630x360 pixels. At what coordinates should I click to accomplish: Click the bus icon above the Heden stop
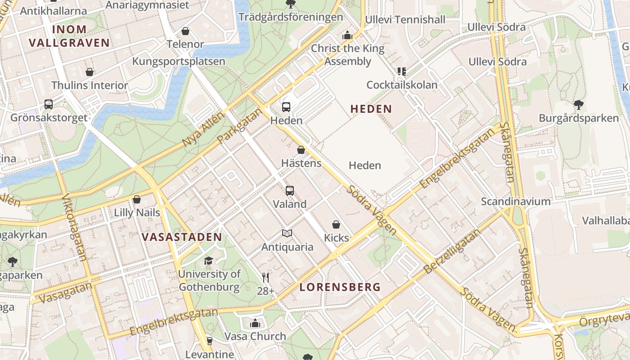click(x=286, y=107)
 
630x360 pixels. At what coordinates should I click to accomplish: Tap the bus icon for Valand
click(x=290, y=190)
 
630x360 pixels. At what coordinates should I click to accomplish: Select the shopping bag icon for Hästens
click(x=301, y=150)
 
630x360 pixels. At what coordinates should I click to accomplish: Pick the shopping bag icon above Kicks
click(x=336, y=224)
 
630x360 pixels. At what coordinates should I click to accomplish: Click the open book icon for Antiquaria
click(x=287, y=233)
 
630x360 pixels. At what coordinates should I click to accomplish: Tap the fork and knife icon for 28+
click(x=265, y=278)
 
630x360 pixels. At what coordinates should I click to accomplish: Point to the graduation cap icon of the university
click(x=208, y=261)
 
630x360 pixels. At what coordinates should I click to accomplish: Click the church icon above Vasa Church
click(x=255, y=323)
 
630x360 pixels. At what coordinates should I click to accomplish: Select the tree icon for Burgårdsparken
click(x=579, y=105)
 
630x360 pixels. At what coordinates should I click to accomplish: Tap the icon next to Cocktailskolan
click(x=401, y=71)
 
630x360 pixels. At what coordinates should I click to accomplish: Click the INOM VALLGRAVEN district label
click(x=69, y=36)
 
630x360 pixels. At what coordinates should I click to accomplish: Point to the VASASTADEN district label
click(x=182, y=237)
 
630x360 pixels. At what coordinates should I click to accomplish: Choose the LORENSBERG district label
click(x=340, y=287)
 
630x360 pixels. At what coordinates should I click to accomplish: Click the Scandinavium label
click(x=516, y=201)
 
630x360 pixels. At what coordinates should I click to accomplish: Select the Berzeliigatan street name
click(x=453, y=251)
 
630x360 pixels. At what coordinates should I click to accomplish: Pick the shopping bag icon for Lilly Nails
click(x=137, y=199)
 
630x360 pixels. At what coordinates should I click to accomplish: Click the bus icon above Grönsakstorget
click(x=49, y=104)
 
